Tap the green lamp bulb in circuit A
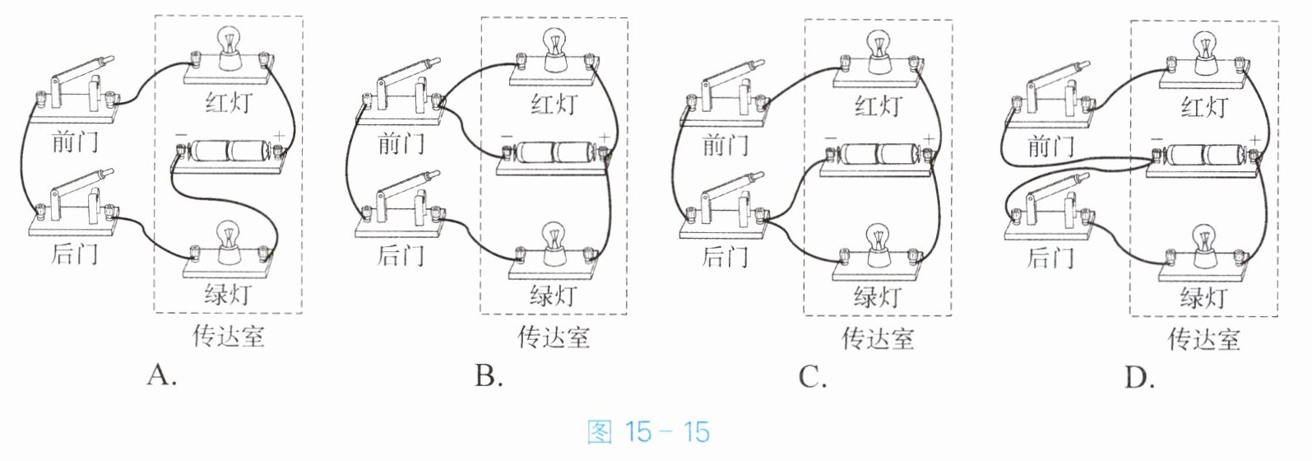pyautogui.click(x=228, y=238)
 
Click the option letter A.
pyautogui.click(x=162, y=375)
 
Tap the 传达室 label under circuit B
pyautogui.click(x=554, y=337)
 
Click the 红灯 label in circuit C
pyautogui.click(x=878, y=106)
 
